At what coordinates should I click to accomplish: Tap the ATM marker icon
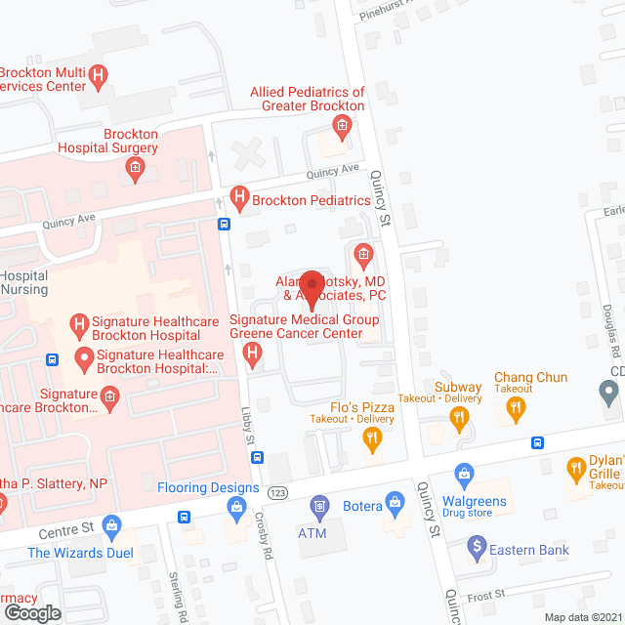point(317,506)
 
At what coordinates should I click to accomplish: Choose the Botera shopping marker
point(396,505)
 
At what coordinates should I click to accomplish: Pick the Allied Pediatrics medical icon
point(341,124)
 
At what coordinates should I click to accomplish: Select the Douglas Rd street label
point(606,326)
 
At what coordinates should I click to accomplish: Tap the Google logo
point(32,612)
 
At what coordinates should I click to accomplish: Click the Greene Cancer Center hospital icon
point(253,353)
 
